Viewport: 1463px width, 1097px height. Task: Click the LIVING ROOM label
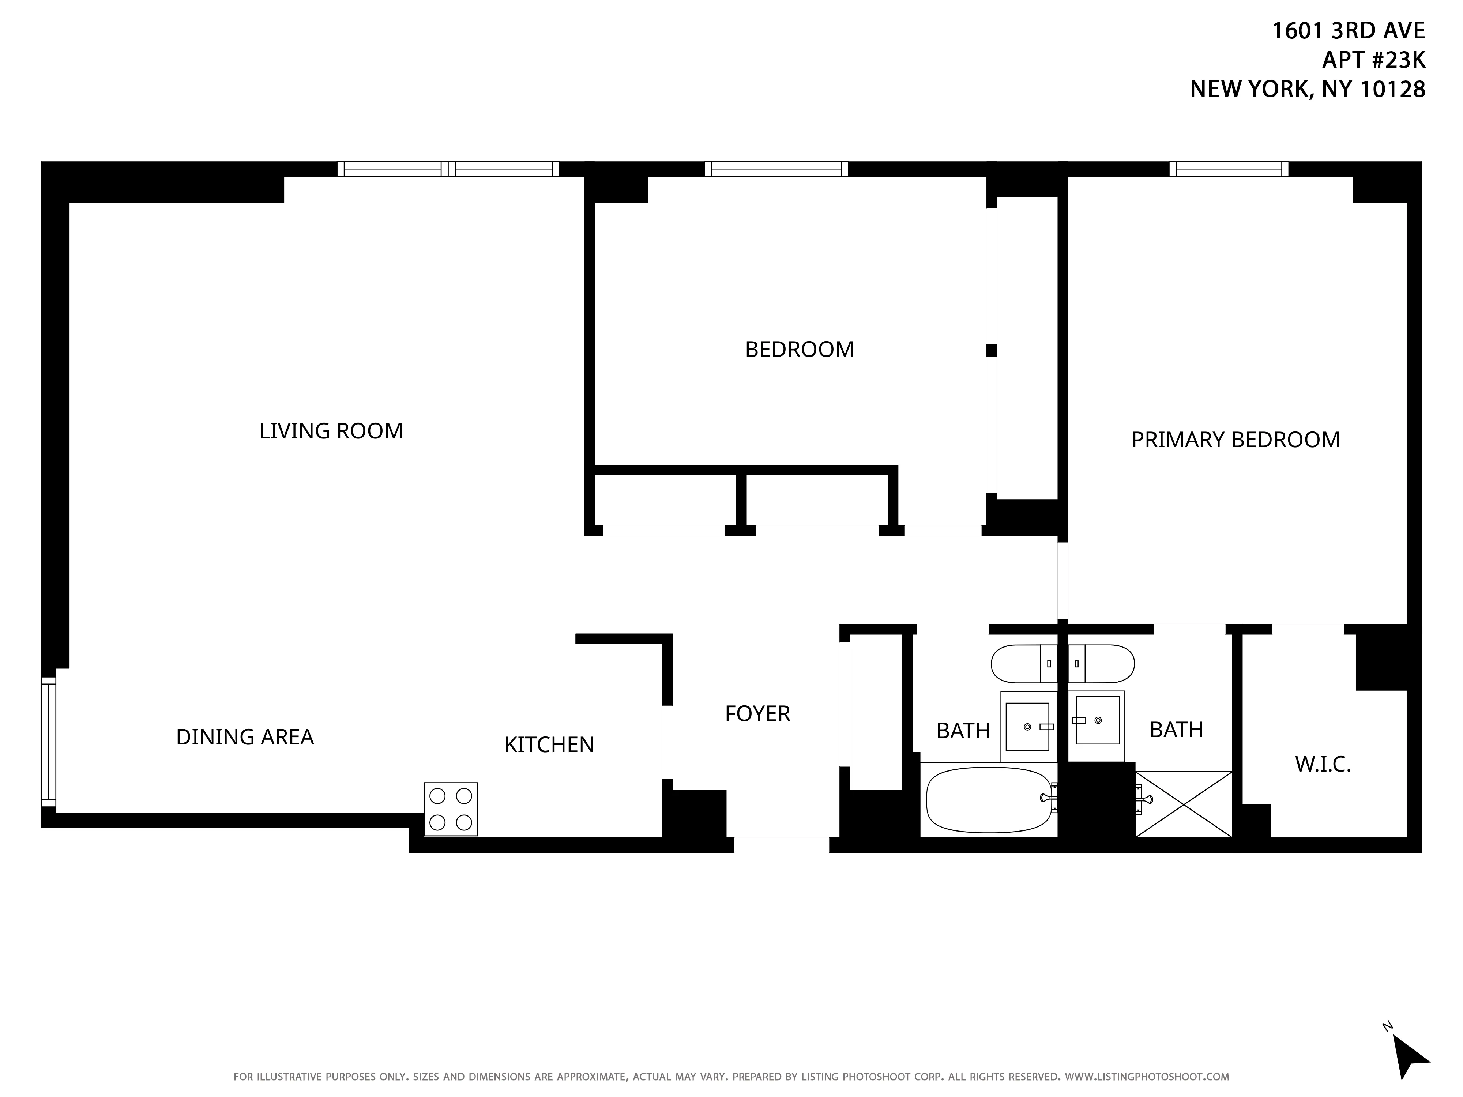point(331,431)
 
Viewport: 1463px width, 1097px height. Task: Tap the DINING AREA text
point(245,736)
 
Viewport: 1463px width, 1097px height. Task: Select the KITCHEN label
point(549,744)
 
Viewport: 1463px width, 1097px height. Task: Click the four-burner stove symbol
point(450,809)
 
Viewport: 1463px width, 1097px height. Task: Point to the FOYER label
point(757,713)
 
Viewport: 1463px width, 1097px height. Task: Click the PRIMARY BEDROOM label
point(1235,440)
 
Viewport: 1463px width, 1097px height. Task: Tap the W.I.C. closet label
point(1322,764)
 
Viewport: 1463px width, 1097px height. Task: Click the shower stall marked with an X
point(1183,804)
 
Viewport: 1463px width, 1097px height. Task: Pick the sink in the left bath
point(1027,727)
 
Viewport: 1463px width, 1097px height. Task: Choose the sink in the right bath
point(1097,720)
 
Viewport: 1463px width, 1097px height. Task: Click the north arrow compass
point(1411,1057)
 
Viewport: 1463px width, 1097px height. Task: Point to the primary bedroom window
point(1229,169)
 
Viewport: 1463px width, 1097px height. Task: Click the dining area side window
point(48,742)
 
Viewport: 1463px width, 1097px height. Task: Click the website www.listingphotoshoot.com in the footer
point(1146,1077)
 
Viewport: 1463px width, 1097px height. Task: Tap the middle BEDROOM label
point(799,349)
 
